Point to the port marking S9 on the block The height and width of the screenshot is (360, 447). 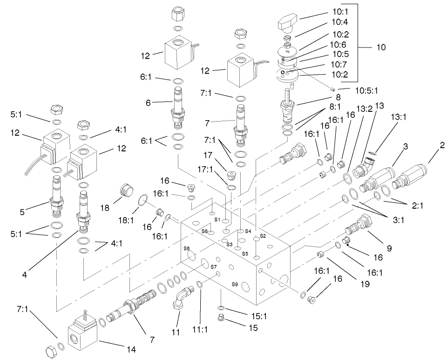coord(235,284)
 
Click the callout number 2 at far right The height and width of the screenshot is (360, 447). coord(442,145)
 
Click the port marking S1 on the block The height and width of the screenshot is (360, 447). coord(217,219)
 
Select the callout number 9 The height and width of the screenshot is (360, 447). coord(390,248)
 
